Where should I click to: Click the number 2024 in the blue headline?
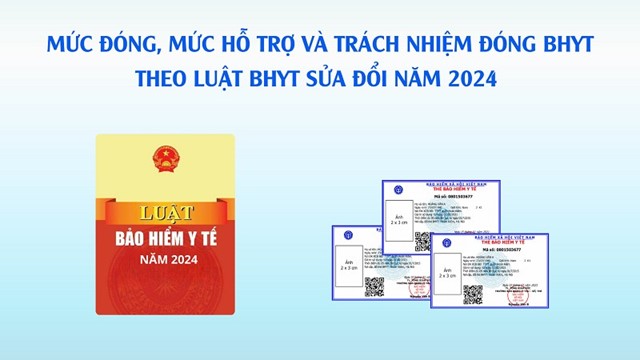469,79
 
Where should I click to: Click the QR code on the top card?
422,242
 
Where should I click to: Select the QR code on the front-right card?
472,294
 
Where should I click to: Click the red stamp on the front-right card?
524,289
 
